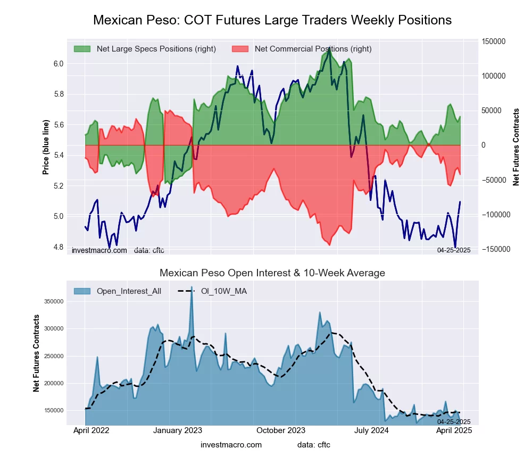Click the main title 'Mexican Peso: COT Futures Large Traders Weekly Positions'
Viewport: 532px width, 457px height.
[x=272, y=20]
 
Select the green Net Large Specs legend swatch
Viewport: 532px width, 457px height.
[x=82, y=49]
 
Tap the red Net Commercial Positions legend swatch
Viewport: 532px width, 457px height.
[x=240, y=49]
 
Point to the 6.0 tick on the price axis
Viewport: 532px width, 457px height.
[x=58, y=64]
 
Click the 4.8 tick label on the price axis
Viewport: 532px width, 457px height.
[x=58, y=247]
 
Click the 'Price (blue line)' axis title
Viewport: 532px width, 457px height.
[x=46, y=147]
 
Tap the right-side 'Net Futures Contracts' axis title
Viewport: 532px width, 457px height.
[x=516, y=147]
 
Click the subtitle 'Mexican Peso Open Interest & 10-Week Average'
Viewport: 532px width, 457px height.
[x=272, y=273]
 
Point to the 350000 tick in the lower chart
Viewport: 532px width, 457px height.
[x=54, y=301]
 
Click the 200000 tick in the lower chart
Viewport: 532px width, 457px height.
[x=54, y=383]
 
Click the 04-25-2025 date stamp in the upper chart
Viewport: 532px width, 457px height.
[x=454, y=250]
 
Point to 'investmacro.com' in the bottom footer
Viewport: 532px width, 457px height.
[x=231, y=445]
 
